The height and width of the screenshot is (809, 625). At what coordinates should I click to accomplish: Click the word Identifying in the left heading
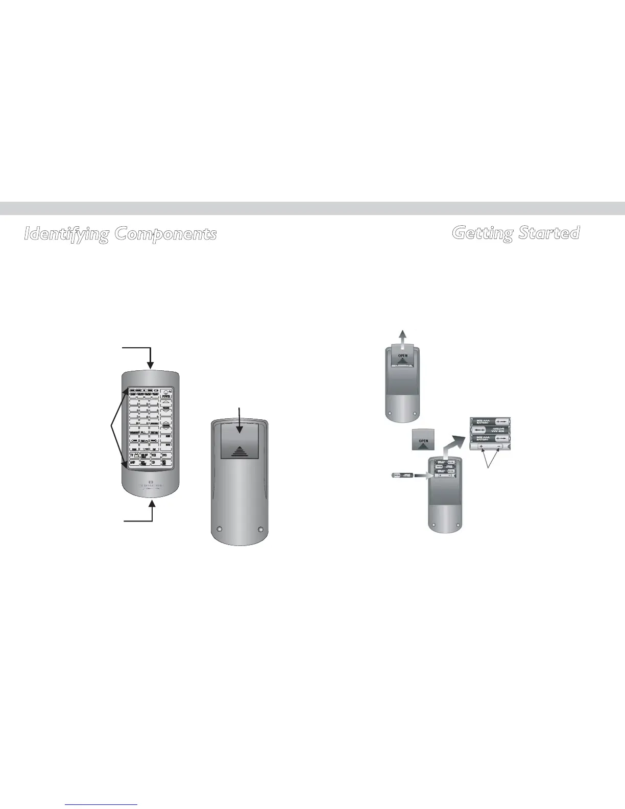pyautogui.click(x=67, y=234)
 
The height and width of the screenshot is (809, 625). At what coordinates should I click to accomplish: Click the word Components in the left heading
pyautogui.click(x=165, y=234)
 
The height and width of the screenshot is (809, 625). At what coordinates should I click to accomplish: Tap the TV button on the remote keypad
pyautogui.click(x=132, y=455)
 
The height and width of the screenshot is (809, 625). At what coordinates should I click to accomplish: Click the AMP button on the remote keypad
pyautogui.click(x=133, y=463)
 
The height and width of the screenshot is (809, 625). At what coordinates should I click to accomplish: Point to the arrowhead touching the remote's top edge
pyautogui.click(x=151, y=365)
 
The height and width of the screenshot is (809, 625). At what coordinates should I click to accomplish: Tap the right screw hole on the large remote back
pyautogui.click(x=260, y=529)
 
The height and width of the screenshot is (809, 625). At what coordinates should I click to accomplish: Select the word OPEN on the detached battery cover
pyautogui.click(x=423, y=441)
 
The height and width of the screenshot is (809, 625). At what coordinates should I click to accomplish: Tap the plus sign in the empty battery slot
pyautogui.click(x=481, y=446)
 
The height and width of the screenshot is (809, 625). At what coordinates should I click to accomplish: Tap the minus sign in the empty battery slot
pyautogui.click(x=499, y=446)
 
